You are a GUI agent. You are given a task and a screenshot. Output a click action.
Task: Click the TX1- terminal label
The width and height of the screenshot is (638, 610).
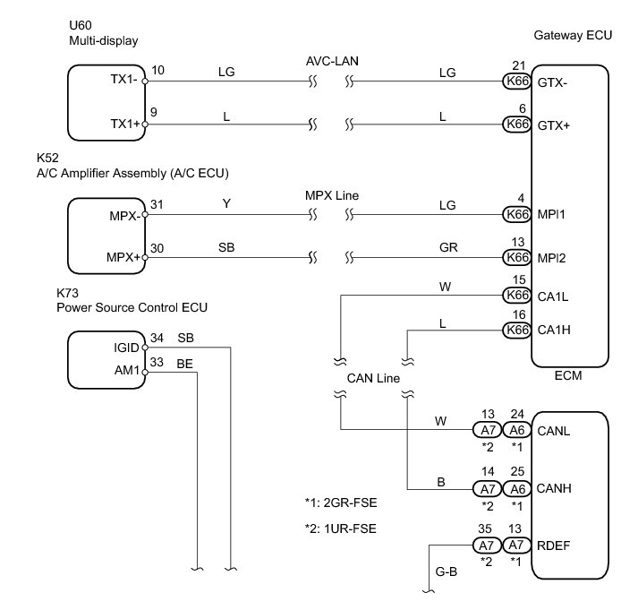click(x=123, y=79)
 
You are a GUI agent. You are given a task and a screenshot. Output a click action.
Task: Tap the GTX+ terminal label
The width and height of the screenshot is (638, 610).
click(x=553, y=125)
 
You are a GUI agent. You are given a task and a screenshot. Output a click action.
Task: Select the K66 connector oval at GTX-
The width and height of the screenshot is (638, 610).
click(x=517, y=81)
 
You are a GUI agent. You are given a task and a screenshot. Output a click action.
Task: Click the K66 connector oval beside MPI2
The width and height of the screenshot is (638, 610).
click(x=517, y=257)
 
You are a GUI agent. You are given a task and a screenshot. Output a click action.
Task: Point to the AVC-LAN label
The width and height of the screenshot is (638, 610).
click(x=332, y=61)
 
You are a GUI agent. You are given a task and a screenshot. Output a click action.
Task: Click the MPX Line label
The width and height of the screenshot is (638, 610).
click(x=332, y=195)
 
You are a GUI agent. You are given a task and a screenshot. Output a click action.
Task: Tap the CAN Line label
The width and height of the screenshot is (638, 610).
click(x=373, y=378)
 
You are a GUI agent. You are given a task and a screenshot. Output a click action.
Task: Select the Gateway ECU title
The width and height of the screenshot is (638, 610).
click(x=573, y=36)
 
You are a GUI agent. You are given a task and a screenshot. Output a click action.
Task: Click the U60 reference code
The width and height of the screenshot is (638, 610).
click(x=81, y=25)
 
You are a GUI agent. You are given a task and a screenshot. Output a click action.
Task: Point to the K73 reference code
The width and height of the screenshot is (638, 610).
click(x=67, y=293)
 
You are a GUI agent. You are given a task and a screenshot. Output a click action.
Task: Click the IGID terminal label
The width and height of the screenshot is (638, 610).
click(x=126, y=348)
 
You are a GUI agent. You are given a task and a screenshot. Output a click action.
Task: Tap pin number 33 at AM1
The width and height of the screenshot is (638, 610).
click(x=157, y=362)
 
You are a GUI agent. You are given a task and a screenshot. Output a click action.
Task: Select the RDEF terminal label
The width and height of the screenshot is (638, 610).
click(x=553, y=546)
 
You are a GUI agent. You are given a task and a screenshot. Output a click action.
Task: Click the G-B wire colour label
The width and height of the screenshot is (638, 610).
click(x=447, y=571)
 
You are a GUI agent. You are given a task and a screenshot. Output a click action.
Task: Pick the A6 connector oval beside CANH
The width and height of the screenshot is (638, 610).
click(x=517, y=489)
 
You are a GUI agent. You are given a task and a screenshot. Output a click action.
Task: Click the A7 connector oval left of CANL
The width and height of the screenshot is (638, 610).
click(x=488, y=430)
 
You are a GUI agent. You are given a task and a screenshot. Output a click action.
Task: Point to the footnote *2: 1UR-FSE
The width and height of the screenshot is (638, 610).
click(x=341, y=528)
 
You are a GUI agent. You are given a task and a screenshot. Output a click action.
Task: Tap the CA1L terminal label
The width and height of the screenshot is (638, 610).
click(x=553, y=296)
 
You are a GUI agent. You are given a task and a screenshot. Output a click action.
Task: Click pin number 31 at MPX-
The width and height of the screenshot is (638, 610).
click(x=157, y=204)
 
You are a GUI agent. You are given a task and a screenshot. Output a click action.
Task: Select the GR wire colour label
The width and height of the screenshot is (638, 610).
click(x=448, y=247)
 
